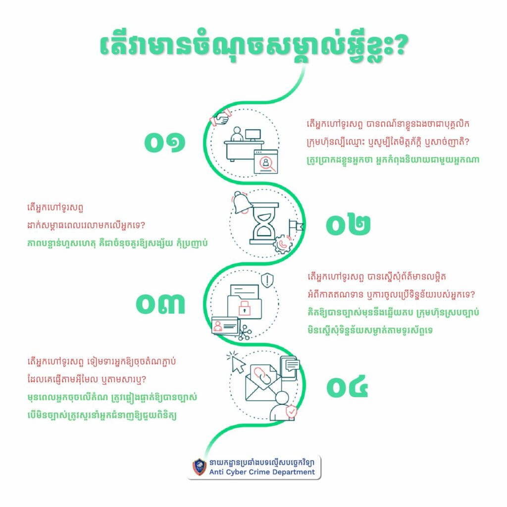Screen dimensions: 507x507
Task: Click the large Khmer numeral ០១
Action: pyautogui.click(x=164, y=142)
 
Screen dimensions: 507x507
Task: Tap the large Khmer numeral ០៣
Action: pyautogui.click(x=160, y=304)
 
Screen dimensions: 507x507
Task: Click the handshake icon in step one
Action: pyautogui.click(x=221, y=117)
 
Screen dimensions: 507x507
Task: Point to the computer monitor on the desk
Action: pyautogui.click(x=253, y=135)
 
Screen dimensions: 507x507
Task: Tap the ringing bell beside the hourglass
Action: pyautogui.click(x=242, y=203)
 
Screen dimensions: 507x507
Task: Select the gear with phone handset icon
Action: pyautogui.click(x=283, y=244)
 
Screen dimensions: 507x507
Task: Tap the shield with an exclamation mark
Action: pyautogui.click(x=267, y=280)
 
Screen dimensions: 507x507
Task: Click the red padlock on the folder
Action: pyautogui.click(x=245, y=308)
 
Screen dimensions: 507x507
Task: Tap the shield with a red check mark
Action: pyautogui.click(x=292, y=411)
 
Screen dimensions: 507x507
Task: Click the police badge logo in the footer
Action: pyautogui.click(x=200, y=467)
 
